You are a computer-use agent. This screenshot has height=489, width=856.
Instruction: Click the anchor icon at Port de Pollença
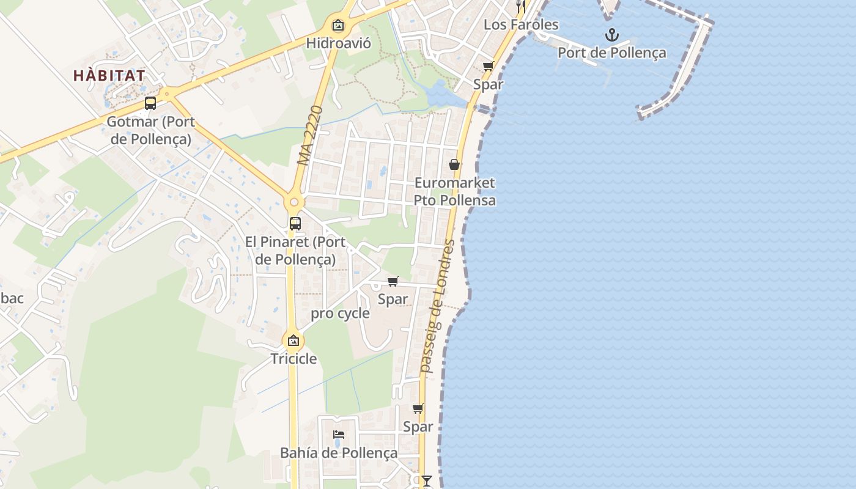coord(611,35)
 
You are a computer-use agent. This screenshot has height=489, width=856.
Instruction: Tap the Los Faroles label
coord(521,24)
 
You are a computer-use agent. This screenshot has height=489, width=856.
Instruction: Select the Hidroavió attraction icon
coord(338,25)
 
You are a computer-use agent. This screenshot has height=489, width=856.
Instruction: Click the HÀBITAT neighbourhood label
coord(109,76)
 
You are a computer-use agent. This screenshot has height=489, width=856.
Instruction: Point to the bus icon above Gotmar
coord(150,103)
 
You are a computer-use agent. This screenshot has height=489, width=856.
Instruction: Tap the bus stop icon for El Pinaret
coord(295,224)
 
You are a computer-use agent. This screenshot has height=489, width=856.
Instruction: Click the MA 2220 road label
coord(311,136)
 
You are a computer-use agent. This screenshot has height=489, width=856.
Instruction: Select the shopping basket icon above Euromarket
coord(454,164)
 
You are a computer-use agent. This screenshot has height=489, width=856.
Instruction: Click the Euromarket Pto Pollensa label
coord(454,191)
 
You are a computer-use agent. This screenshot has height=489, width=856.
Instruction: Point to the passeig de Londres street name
coord(438,306)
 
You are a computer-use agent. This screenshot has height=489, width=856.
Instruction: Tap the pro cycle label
coord(341,314)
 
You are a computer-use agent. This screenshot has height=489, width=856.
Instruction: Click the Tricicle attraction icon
coord(293,340)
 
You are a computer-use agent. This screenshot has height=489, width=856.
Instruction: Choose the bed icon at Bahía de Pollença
coord(339,435)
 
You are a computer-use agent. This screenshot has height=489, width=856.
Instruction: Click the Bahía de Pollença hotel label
coord(339,453)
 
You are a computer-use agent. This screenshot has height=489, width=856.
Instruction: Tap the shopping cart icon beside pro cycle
coord(393,282)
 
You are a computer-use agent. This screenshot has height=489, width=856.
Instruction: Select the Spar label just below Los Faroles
coord(488,84)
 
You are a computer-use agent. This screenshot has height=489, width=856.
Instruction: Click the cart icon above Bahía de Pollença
coord(418,409)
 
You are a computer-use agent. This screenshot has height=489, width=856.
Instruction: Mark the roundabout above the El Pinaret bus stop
coord(294,202)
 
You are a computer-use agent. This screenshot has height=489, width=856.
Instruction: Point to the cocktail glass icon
coord(427,480)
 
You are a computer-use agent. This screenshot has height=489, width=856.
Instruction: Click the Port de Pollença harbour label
coord(611,53)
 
